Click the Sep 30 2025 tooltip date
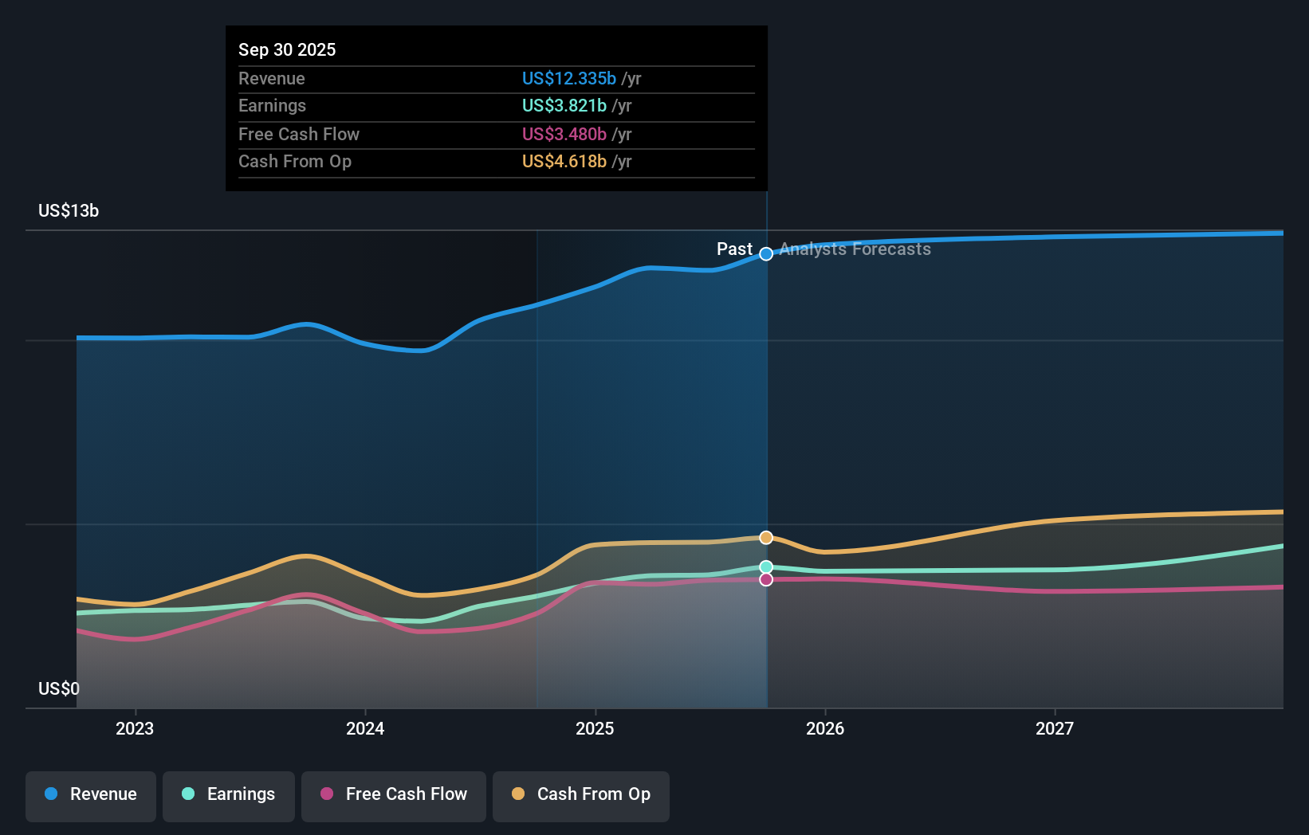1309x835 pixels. tap(287, 49)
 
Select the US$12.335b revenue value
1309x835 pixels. tap(568, 78)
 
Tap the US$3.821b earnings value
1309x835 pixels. tap(564, 105)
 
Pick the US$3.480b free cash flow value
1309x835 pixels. tap(564, 134)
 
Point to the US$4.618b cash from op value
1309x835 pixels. tap(564, 161)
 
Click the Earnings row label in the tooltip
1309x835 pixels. tap(272, 105)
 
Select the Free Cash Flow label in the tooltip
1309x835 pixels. tap(299, 134)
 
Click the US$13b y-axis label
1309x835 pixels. tap(69, 210)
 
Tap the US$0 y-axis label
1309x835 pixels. tap(59, 688)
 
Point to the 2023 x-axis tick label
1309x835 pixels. tap(135, 728)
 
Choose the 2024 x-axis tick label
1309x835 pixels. tap(365, 728)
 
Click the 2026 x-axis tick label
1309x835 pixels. tap(825, 728)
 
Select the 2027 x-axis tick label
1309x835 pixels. tap(1055, 728)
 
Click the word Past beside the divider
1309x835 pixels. tap(734, 249)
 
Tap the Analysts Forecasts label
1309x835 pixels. tap(855, 249)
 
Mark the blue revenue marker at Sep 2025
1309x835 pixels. tap(766, 254)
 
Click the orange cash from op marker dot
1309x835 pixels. tap(766, 538)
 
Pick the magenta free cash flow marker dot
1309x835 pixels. tap(766, 579)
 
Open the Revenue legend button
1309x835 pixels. tap(91, 794)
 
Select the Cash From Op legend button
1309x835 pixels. tap(581, 794)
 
